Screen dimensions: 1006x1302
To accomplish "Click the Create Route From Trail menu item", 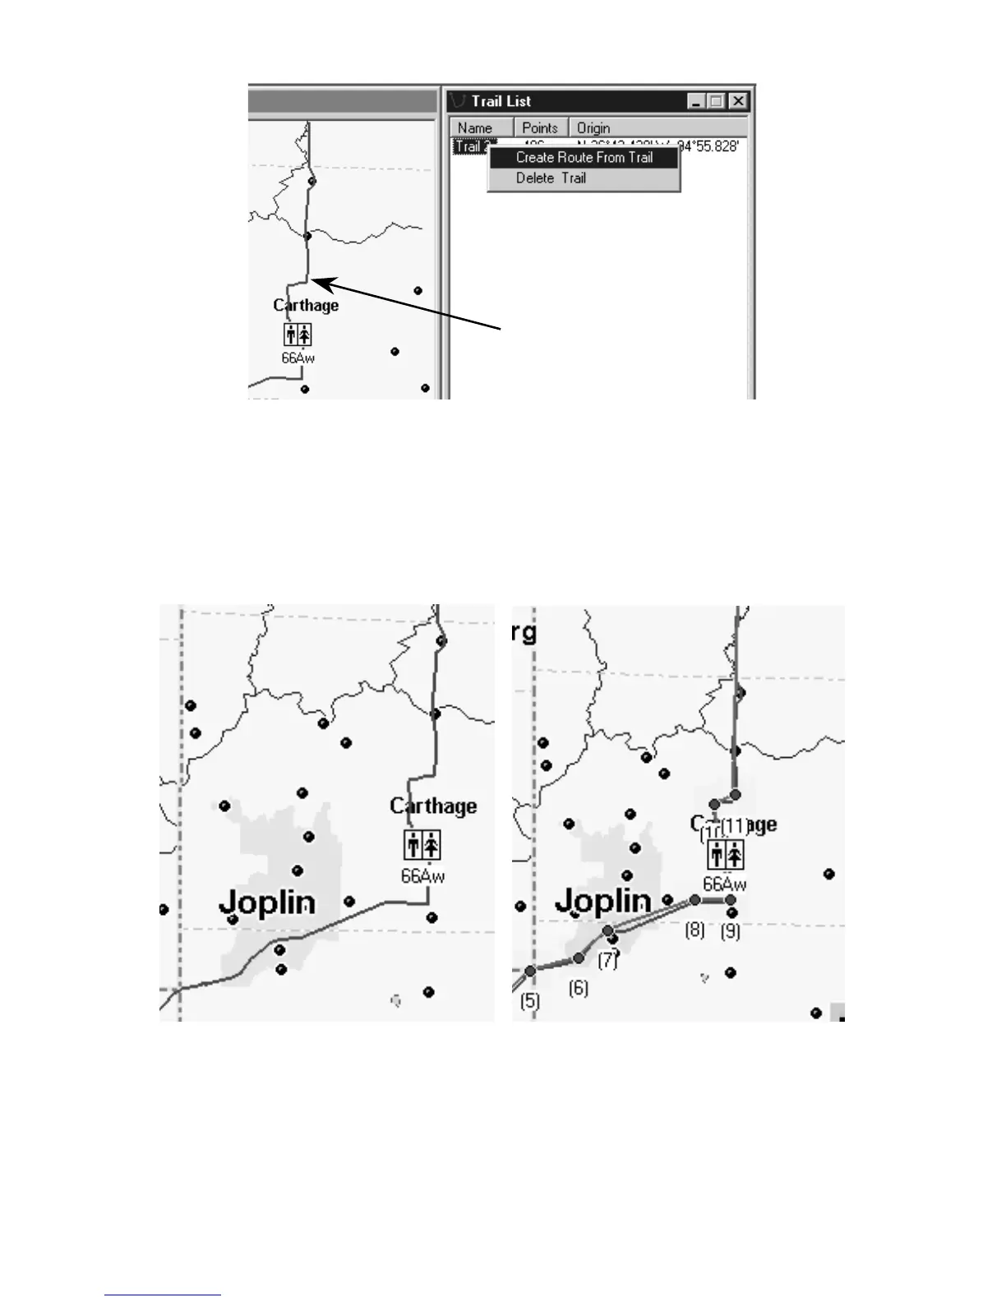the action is click(584, 157).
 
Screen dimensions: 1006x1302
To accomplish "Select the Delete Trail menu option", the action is click(551, 178).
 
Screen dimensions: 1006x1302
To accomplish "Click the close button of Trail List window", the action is click(738, 101).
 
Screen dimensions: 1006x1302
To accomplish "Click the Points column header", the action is click(540, 127).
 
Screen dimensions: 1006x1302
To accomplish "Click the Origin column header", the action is click(593, 127).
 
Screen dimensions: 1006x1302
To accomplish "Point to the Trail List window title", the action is click(501, 101).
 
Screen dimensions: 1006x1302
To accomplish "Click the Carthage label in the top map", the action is click(306, 305).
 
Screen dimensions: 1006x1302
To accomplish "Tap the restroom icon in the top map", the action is click(298, 335).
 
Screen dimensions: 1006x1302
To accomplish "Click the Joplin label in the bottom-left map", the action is click(267, 903).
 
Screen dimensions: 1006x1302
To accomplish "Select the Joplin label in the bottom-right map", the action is click(603, 902).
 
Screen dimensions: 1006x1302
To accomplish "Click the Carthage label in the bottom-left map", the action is click(433, 806).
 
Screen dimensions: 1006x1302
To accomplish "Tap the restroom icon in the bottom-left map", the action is click(422, 845).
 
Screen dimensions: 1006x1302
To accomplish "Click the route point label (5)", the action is click(530, 1000).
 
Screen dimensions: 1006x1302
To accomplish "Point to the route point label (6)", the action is click(579, 987).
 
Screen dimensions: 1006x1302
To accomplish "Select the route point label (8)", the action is click(695, 930).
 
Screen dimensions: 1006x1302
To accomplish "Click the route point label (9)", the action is click(730, 931).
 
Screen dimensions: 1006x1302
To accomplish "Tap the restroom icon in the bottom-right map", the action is click(726, 856).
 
